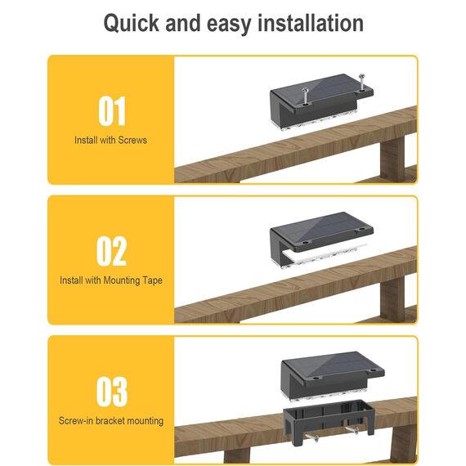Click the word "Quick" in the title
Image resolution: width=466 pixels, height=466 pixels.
(x=131, y=23)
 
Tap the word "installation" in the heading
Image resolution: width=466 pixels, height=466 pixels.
(x=311, y=23)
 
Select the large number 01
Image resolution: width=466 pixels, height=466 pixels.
(x=112, y=111)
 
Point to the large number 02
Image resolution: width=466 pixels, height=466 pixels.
(x=111, y=251)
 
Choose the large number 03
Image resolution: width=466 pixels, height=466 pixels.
(x=112, y=391)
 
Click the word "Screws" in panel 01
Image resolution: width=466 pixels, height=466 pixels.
(x=132, y=140)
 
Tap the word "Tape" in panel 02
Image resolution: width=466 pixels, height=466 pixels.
(x=152, y=280)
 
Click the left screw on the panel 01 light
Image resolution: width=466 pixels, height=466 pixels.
(x=305, y=96)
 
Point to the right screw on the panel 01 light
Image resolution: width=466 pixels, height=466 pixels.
(x=361, y=82)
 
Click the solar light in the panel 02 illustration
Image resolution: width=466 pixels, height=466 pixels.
(x=321, y=240)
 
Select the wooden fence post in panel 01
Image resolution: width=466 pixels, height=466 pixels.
(x=392, y=159)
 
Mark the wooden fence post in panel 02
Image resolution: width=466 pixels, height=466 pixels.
(x=392, y=298)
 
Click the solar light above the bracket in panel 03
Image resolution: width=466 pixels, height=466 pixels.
(x=333, y=376)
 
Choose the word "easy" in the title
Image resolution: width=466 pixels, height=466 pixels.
(x=229, y=24)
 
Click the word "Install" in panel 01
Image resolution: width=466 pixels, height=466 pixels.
(x=85, y=140)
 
